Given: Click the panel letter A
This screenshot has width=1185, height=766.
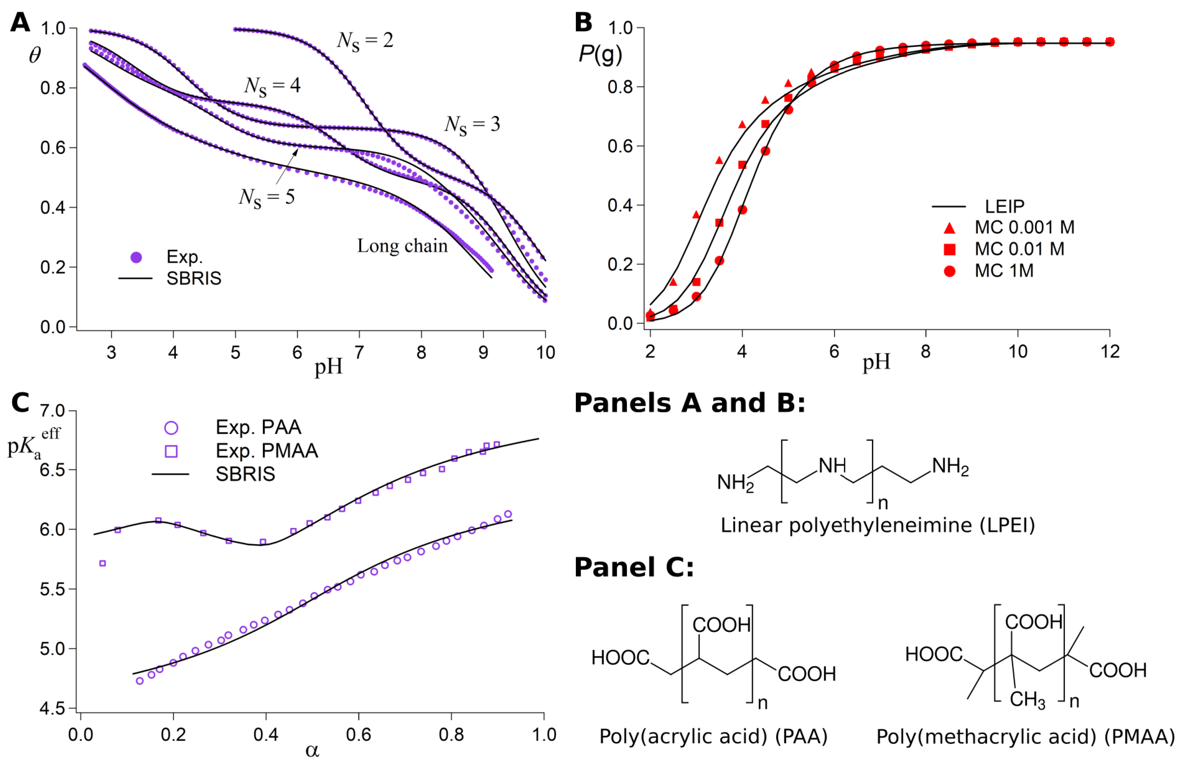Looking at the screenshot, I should point(20,23).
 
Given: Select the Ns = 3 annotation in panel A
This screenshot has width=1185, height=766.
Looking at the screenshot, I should point(472,125).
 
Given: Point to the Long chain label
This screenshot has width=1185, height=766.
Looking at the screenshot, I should point(402,246).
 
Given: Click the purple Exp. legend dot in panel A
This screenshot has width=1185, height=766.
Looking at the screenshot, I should point(136,257).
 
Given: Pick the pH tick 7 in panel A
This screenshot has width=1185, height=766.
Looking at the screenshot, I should point(359,353).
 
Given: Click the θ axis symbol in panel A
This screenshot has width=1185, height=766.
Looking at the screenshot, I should point(34,55).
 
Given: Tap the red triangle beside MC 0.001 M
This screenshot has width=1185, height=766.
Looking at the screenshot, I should point(949,228).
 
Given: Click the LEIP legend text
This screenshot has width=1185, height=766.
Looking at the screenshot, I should point(1004,206).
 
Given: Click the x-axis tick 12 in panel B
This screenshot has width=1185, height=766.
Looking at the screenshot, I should point(1109,352).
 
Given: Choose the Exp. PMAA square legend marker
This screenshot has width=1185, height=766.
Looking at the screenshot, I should point(171,451).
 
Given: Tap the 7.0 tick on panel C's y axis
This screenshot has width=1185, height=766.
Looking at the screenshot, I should point(52,411).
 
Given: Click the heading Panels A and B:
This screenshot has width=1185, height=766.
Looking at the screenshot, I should point(689,403).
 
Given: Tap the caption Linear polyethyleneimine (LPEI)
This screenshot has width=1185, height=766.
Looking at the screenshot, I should point(878,525).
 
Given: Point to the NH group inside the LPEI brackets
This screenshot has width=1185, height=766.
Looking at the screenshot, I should point(832,466).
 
